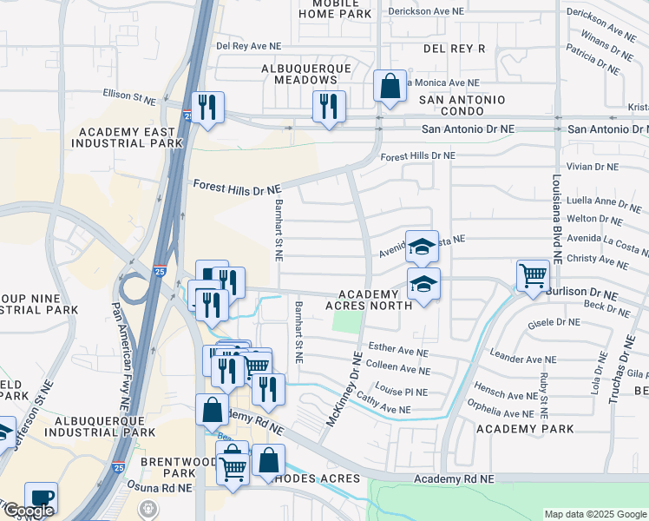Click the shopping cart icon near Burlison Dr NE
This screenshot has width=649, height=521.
pyautogui.click(x=533, y=275)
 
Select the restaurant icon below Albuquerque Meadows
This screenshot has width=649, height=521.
pyautogui.click(x=329, y=106)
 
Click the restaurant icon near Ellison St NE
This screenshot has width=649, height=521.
pyautogui.click(x=207, y=107)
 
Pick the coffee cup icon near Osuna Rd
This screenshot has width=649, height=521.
pyautogui.click(x=41, y=498)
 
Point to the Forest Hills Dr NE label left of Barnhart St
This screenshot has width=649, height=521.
pyautogui.click(x=237, y=188)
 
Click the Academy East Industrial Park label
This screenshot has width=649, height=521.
pyautogui.click(x=130, y=136)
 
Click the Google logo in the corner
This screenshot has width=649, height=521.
pyautogui.click(x=28, y=511)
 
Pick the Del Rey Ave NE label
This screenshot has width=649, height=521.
pyautogui.click(x=249, y=46)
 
